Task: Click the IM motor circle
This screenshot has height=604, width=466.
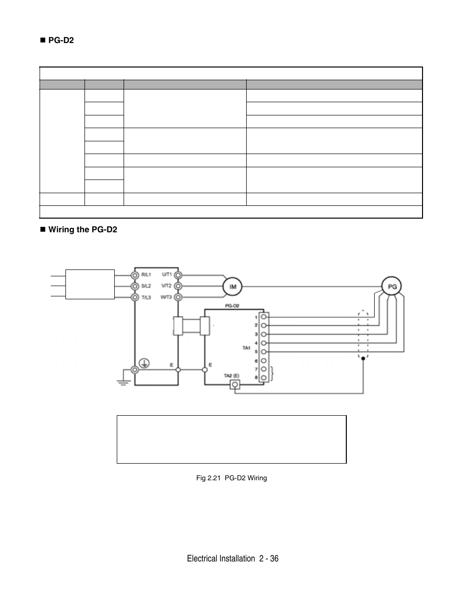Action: tap(233, 286)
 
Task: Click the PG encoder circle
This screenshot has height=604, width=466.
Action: tap(392, 287)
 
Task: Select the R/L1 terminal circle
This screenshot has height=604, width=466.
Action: tap(135, 275)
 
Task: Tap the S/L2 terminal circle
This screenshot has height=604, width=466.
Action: tap(135, 286)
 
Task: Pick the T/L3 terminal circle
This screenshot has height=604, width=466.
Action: tap(135, 297)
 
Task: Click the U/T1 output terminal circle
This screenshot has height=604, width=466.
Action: tap(179, 275)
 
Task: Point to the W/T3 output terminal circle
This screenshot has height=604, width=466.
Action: tap(179, 297)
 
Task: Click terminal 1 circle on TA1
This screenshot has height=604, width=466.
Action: tap(264, 316)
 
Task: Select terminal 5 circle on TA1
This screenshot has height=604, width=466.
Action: tap(264, 352)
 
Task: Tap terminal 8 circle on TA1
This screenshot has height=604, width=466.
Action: tap(264, 378)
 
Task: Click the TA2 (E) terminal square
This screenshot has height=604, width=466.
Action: tap(235, 385)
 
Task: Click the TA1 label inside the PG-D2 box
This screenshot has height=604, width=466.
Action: tap(246, 348)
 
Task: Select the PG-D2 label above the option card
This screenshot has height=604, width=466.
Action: tap(232, 305)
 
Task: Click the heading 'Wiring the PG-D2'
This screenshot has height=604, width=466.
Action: tap(83, 229)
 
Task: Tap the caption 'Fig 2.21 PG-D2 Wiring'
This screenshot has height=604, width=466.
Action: tap(232, 478)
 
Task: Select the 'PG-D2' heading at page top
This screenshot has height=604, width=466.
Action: tap(61, 40)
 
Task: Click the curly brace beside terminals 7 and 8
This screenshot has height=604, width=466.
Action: tap(272, 374)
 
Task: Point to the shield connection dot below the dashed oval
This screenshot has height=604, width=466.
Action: tap(362, 358)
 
